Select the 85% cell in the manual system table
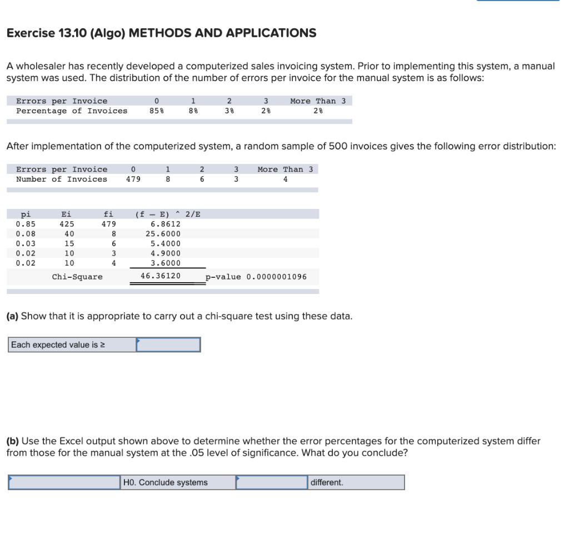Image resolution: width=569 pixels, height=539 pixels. (x=157, y=111)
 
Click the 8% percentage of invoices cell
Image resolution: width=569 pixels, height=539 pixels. (x=193, y=111)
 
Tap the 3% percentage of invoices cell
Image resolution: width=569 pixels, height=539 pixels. (x=229, y=111)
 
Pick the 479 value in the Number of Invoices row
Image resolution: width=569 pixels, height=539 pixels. (x=133, y=179)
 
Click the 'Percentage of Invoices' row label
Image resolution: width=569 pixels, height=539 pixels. (x=72, y=111)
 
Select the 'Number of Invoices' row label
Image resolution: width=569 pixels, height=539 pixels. (x=62, y=179)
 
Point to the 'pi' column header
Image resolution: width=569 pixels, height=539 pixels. (x=26, y=214)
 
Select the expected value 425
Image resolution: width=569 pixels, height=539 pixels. (x=68, y=224)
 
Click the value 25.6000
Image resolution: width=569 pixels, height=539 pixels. (x=166, y=234)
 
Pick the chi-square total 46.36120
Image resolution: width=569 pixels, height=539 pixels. (x=161, y=276)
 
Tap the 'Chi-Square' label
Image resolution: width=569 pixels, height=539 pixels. (x=77, y=277)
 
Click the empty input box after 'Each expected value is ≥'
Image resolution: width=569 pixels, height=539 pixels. (x=168, y=345)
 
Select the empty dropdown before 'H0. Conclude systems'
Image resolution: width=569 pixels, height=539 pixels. (x=64, y=482)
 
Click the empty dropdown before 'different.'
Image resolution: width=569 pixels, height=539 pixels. (x=272, y=482)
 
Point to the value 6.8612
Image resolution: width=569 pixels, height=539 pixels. (x=166, y=224)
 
